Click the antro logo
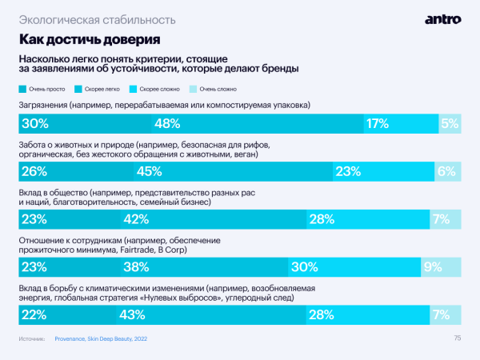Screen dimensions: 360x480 (443, 18)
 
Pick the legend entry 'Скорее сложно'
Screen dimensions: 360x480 (160, 90)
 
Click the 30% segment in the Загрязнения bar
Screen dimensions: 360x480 (85, 123)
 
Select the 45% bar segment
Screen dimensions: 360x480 (233, 170)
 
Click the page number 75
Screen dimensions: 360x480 (458, 338)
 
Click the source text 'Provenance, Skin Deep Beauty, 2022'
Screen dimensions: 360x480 (101, 339)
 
